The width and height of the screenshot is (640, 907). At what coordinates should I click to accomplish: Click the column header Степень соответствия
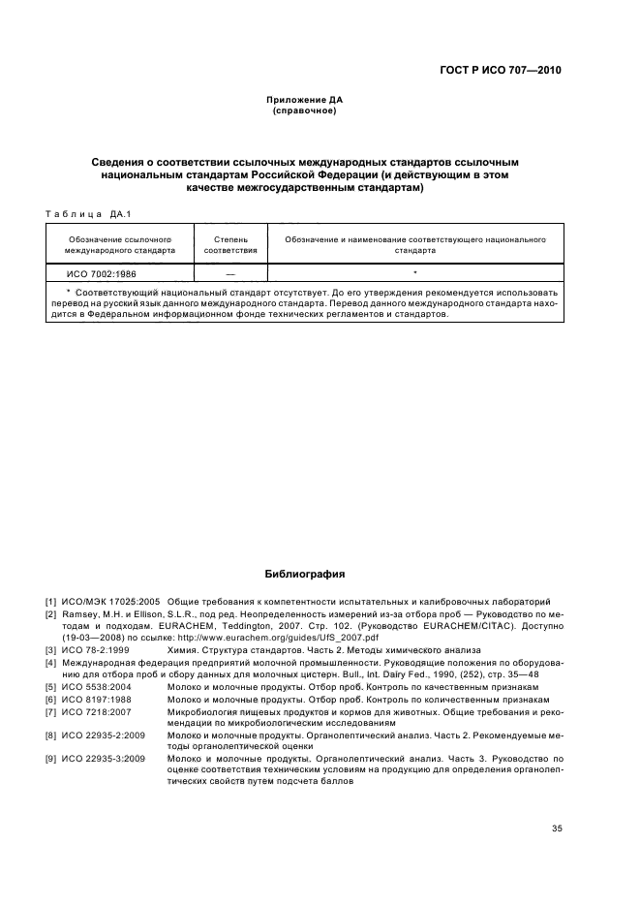coord(230,243)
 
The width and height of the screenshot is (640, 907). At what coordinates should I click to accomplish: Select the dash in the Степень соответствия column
coord(230,274)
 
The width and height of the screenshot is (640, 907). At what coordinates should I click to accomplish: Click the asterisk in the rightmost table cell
coord(414,274)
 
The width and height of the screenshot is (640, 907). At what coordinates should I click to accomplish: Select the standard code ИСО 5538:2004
coord(98,686)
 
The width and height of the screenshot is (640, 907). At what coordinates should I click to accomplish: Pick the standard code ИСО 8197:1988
coord(98,699)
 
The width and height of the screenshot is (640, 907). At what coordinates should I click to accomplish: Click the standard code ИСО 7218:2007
coord(98,711)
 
